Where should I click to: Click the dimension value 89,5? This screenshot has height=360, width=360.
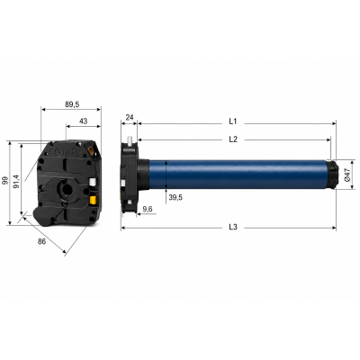point(72,104)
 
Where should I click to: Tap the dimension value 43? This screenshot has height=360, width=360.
point(84,121)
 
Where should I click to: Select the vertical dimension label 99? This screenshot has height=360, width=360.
point(5,180)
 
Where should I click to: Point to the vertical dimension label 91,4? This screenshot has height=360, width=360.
point(17,182)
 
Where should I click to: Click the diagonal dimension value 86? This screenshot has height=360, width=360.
point(42,241)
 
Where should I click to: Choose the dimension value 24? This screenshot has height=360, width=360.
point(130,118)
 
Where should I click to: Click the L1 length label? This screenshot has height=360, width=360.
point(233,121)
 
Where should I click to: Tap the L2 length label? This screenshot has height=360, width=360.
point(233,139)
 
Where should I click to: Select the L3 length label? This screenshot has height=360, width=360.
point(233,227)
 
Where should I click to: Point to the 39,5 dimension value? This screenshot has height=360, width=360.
point(175,197)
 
